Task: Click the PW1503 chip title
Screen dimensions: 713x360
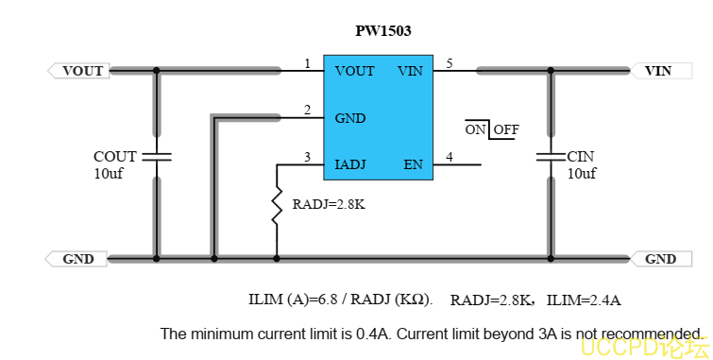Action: click(x=382, y=31)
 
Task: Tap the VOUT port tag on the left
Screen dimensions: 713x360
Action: click(x=78, y=71)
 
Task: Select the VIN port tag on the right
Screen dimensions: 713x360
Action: click(x=661, y=71)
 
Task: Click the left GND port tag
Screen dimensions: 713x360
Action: click(x=76, y=259)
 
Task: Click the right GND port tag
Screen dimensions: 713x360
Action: click(x=661, y=259)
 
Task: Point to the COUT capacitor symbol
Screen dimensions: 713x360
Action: click(x=157, y=157)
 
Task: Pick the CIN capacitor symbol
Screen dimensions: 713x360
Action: click(x=551, y=157)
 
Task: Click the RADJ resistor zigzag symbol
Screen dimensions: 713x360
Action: click(x=277, y=205)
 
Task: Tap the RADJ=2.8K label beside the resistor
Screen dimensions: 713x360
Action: click(x=329, y=204)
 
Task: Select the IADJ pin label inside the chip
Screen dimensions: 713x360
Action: click(x=350, y=164)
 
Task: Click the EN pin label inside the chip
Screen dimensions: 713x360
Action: click(x=414, y=164)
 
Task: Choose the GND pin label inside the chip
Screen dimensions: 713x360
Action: click(x=350, y=118)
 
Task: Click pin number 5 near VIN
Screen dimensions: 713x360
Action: click(x=450, y=63)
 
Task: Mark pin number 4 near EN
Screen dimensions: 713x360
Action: click(x=450, y=157)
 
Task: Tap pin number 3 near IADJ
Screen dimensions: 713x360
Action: click(x=307, y=157)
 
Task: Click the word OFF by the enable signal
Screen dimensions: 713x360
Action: click(x=506, y=129)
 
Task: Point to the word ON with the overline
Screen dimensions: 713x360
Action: click(x=476, y=129)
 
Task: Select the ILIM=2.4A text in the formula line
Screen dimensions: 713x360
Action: click(x=584, y=300)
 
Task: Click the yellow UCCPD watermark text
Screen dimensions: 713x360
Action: click(x=645, y=348)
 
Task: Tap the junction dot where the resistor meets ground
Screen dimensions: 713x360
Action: click(x=277, y=259)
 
